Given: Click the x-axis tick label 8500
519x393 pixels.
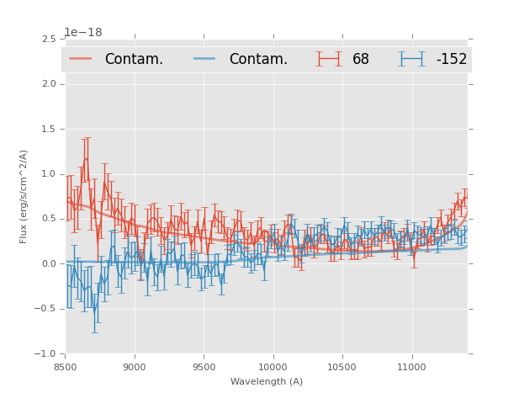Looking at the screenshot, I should click(x=66, y=367).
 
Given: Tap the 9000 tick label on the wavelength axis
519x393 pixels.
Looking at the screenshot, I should click(x=135, y=367).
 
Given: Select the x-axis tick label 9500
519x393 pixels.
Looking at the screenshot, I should click(x=204, y=367).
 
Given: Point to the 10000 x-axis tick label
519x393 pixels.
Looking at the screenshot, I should click(x=273, y=367).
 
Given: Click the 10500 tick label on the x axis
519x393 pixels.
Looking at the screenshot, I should click(x=342, y=367).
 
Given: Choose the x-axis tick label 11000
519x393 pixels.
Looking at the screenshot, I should click(x=411, y=367).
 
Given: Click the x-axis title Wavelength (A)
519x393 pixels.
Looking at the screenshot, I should click(x=267, y=382).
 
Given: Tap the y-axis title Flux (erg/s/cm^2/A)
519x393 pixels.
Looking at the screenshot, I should click(x=24, y=196).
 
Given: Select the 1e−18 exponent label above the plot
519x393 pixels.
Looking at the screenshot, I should click(x=83, y=33).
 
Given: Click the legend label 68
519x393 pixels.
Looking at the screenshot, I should click(x=361, y=60).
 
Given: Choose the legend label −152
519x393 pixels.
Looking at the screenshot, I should click(x=451, y=60).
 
